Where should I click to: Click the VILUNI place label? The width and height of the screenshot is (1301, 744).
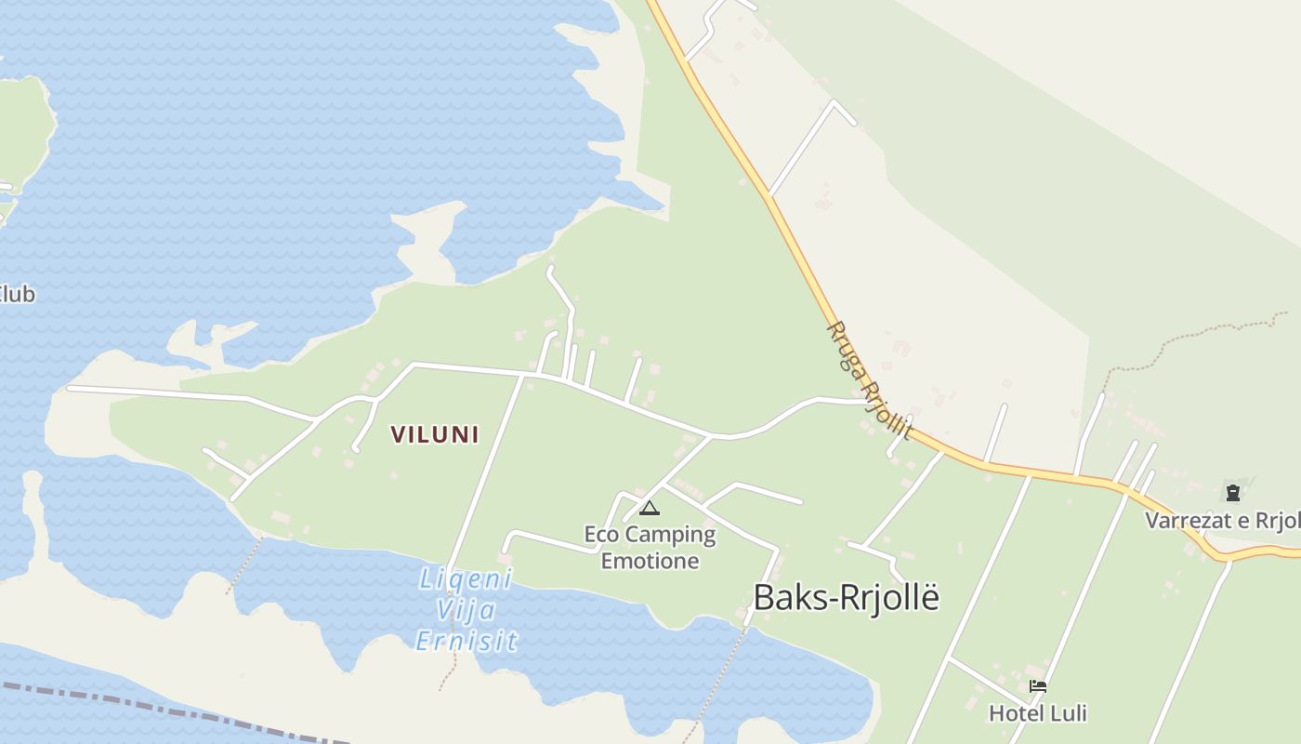[x=435, y=434]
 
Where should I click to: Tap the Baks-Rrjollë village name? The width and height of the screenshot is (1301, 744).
[x=846, y=598]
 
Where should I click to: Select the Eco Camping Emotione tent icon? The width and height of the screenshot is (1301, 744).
[x=649, y=508]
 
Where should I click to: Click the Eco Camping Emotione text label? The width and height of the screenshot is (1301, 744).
[x=650, y=548]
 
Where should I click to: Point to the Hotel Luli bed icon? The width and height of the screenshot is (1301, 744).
[x=1038, y=687]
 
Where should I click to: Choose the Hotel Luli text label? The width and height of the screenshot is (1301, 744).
[x=1037, y=713]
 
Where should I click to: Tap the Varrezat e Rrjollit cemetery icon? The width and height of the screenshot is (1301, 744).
[x=1232, y=493]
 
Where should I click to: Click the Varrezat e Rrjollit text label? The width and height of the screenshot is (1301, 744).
[x=1222, y=521]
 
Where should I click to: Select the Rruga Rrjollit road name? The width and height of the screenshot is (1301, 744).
[x=868, y=379]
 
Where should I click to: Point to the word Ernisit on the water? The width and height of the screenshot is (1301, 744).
[x=466, y=641]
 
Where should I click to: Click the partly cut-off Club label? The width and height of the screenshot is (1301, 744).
[x=17, y=295]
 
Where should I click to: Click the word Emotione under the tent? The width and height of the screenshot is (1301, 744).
[x=650, y=561]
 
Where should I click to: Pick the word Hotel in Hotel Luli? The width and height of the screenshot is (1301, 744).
[x=1014, y=713]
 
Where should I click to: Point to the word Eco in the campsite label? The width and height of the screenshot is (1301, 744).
[x=602, y=535]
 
